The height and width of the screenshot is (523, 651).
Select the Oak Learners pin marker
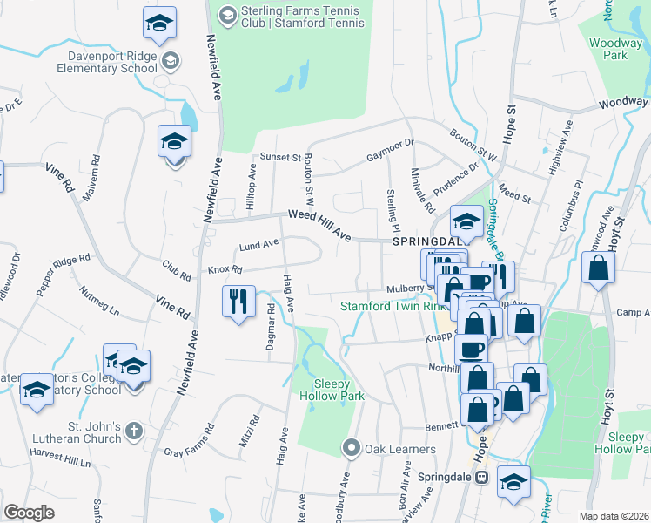(x=352, y=449)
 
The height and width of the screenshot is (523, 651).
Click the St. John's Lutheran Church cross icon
(x=133, y=431)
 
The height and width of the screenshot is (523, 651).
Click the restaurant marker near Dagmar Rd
(x=238, y=301)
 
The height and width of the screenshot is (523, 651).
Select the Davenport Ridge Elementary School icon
(x=171, y=60)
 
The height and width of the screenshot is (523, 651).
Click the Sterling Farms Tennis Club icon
(x=227, y=14)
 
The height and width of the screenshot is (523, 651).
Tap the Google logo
(x=29, y=512)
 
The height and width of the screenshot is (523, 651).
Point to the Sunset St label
(x=280, y=157)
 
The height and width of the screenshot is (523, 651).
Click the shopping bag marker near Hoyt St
(x=599, y=268)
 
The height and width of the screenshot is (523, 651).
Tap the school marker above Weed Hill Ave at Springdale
(x=466, y=221)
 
